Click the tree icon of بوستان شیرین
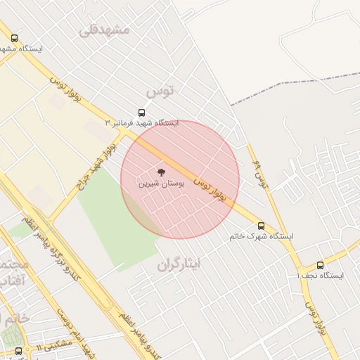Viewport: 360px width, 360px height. [x=161, y=171]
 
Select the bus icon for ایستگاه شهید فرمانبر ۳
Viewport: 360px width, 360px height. [x=142, y=112]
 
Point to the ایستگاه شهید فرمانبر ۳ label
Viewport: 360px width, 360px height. [x=142, y=123]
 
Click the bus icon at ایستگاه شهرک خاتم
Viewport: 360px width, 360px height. [x=262, y=226]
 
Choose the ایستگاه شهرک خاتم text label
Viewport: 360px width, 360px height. [x=262, y=236]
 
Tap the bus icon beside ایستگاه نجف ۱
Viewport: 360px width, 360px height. [x=321, y=265]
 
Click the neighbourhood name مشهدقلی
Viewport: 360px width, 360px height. [x=105, y=30]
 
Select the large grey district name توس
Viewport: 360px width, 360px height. [x=160, y=91]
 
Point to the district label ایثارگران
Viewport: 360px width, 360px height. [x=179, y=264]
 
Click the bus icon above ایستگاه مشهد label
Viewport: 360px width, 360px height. [x=15, y=39]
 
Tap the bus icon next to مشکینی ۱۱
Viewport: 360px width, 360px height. [x=18, y=350]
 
